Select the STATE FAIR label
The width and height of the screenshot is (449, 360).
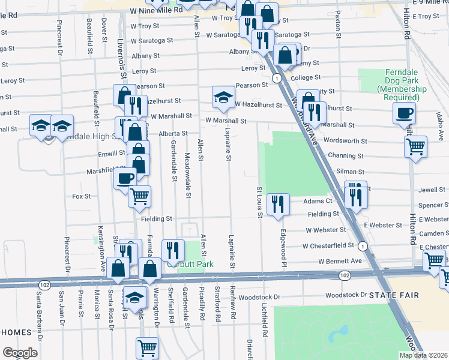tap(392, 295)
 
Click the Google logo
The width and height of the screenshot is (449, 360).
tap(20, 352)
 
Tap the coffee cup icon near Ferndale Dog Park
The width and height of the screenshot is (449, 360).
tap(405, 113)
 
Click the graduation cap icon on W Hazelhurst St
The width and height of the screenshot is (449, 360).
tap(223, 98)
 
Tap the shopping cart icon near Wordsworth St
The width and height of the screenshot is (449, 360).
tap(415, 146)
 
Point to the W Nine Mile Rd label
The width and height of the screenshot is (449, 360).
tap(156, 11)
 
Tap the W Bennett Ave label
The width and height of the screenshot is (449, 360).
tap(340, 262)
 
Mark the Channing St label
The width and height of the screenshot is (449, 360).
tap(346, 155)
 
